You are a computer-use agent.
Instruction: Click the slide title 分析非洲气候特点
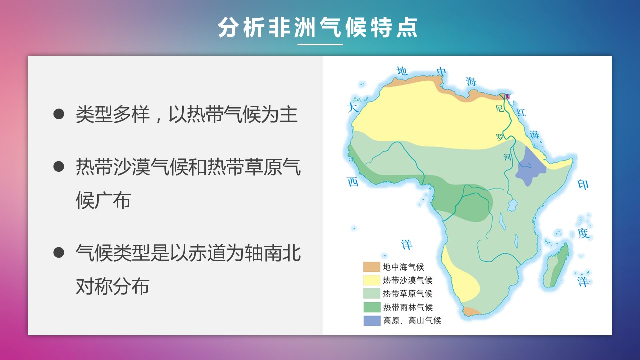pyautogui.click(x=318, y=27)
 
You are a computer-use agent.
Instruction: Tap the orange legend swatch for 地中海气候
pyautogui.click(x=372, y=267)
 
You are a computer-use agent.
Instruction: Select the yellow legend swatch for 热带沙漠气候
pyautogui.click(x=372, y=280)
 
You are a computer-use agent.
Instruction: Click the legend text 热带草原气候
pyautogui.click(x=408, y=294)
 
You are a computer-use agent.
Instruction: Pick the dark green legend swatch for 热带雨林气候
pyautogui.click(x=372, y=307)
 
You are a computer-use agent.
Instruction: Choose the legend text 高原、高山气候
pyautogui.click(x=412, y=321)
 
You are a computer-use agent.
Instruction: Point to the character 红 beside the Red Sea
pyautogui.click(x=521, y=112)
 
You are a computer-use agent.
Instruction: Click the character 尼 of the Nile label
pyautogui.click(x=499, y=108)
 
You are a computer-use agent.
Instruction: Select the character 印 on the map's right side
pyautogui.click(x=583, y=185)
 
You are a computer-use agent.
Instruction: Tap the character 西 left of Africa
pyautogui.click(x=353, y=181)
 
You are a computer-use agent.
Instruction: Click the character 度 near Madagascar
pyautogui.click(x=583, y=233)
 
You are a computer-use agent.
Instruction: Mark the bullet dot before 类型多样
pyautogui.click(x=59, y=114)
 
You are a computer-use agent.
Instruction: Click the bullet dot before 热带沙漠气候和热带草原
pyautogui.click(x=59, y=167)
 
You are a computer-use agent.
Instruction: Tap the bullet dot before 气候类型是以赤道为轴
pyautogui.click(x=59, y=253)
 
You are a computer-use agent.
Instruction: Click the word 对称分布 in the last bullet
pyautogui.click(x=113, y=286)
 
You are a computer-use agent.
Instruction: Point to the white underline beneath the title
pyautogui.click(x=320, y=44)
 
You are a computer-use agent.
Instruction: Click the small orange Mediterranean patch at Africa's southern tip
pyautogui.click(x=471, y=311)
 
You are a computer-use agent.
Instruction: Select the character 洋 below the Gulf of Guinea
pyautogui.click(x=407, y=245)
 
